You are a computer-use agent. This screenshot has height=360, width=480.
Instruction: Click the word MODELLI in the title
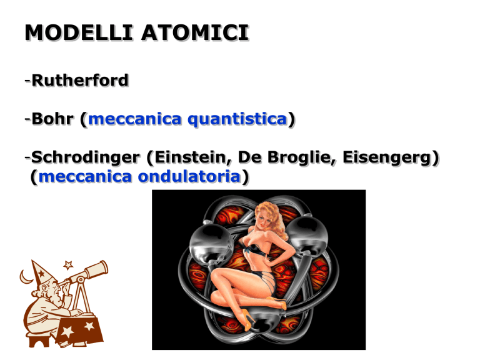(79, 32)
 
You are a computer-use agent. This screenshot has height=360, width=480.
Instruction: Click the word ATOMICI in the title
(195, 32)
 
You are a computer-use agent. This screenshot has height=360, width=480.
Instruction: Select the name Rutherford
(80, 81)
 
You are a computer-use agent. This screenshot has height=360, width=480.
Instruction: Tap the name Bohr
(52, 119)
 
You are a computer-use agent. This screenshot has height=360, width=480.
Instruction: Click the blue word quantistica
(237, 119)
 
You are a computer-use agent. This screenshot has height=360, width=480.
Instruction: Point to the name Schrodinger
(86, 157)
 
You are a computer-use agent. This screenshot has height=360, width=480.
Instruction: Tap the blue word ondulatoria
(189, 177)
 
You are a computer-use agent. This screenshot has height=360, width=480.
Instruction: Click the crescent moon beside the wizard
(25, 277)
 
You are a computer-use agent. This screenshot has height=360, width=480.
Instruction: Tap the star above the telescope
(68, 264)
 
